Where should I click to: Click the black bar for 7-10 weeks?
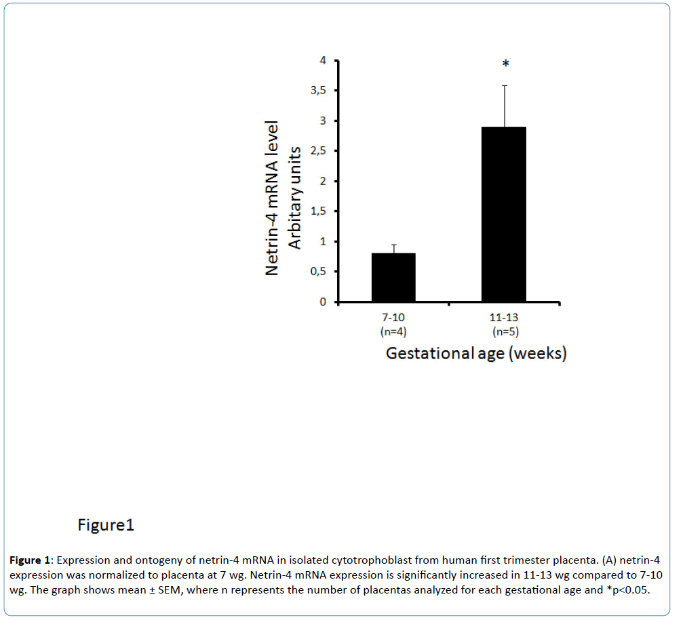(x=393, y=277)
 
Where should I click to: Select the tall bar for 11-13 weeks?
(x=503, y=214)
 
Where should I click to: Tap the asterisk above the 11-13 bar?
(x=505, y=64)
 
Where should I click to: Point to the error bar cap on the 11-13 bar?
(x=504, y=86)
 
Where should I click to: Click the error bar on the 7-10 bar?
(x=393, y=248)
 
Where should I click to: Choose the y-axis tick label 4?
(x=323, y=60)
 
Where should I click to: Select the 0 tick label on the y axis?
(x=323, y=302)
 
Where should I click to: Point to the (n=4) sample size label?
(x=393, y=331)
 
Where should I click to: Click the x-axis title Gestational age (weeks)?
(x=475, y=354)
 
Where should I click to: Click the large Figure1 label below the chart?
(x=105, y=525)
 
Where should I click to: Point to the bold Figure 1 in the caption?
(x=30, y=561)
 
